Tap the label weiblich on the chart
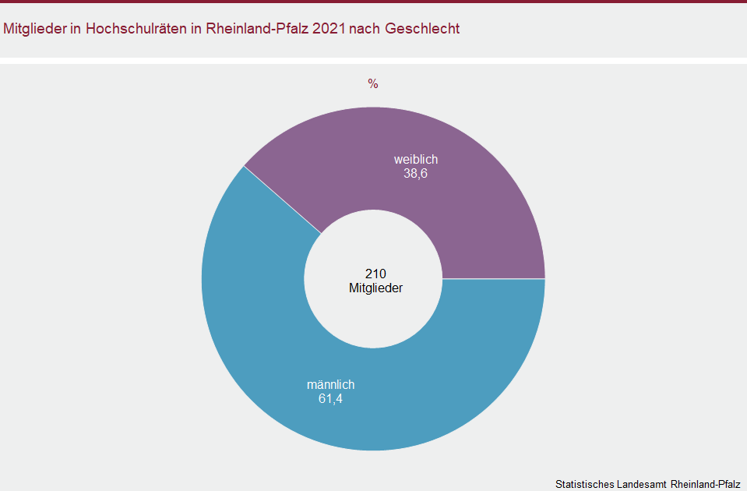[x=415, y=160]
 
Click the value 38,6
[x=415, y=174]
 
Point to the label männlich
[x=330, y=385]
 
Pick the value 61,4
[x=330, y=399]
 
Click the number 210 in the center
[x=375, y=274]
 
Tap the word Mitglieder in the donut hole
[x=375, y=288]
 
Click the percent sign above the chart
[x=373, y=84]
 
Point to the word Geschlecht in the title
[x=422, y=29]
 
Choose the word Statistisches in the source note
[x=584, y=484]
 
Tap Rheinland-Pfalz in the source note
[x=705, y=484]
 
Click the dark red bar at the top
[x=373, y=2]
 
